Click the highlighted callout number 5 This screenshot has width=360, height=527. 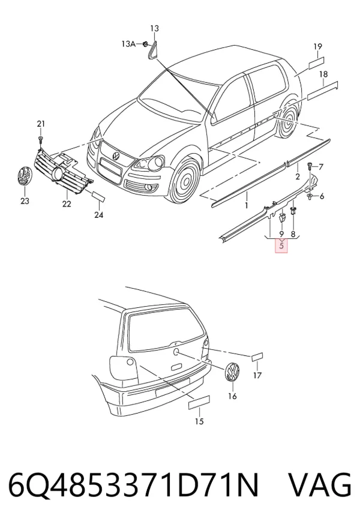click(281, 245)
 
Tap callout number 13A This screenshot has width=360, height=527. click(128, 44)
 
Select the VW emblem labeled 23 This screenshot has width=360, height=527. click(25, 176)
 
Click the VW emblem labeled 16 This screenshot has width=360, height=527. click(232, 372)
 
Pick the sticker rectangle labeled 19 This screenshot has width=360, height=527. click(316, 63)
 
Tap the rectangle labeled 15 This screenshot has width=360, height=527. click(199, 402)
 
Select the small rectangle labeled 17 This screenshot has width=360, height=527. click(257, 357)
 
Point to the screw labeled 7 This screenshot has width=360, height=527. click(309, 166)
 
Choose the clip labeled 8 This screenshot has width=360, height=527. click(293, 211)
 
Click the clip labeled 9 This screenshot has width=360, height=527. click(282, 217)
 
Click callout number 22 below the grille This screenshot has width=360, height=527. click(67, 203)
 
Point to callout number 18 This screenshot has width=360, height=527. click(323, 74)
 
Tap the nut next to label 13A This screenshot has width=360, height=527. click(145, 44)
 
